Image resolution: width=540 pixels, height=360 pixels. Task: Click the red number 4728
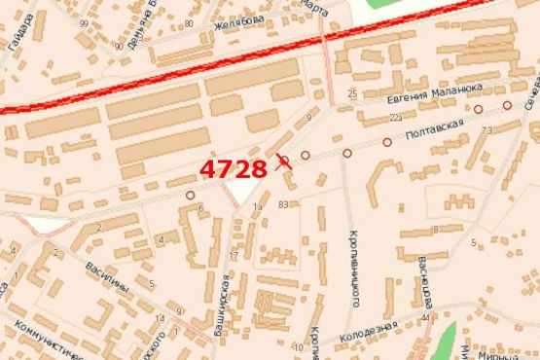(234, 169)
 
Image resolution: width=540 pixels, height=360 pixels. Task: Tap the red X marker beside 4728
(283, 162)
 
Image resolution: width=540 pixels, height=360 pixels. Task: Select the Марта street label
(313, 5)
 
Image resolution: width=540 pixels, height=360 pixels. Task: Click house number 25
(351, 93)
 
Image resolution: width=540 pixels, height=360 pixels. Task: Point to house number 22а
(396, 118)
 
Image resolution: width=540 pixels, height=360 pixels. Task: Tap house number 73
(486, 128)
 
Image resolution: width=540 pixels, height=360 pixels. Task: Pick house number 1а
(258, 207)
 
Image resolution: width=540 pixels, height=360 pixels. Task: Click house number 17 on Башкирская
(234, 256)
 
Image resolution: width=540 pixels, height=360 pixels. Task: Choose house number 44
(427, 318)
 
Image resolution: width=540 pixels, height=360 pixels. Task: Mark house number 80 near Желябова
(188, 23)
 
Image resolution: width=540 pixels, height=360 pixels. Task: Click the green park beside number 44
(445, 340)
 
